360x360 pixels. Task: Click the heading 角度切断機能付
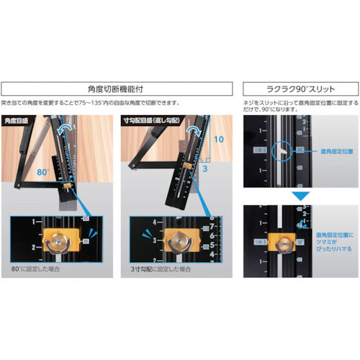tap(116, 89)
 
